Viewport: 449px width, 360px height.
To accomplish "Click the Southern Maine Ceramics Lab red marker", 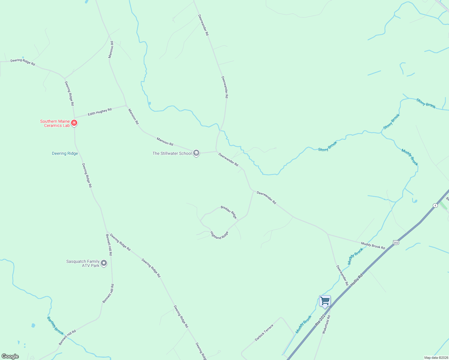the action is [74, 123].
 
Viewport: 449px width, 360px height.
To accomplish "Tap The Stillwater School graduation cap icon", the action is [196, 153].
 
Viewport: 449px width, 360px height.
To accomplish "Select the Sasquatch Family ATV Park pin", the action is [104, 263].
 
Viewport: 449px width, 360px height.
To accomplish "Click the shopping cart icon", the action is [325, 301].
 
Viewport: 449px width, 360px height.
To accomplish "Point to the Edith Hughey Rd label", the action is [100, 112].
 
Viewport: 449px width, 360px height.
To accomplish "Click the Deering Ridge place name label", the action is [65, 154].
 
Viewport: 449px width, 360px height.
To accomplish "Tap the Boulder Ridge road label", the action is [229, 212].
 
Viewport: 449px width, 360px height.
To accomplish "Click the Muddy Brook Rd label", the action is [373, 246].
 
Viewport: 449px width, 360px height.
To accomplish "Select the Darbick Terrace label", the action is [264, 332].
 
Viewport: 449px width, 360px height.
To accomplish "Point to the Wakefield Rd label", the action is [326, 324].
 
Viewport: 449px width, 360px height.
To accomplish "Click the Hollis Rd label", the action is [357, 279].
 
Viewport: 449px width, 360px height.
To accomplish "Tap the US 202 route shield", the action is [396, 242].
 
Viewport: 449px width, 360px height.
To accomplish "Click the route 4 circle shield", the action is [435, 205].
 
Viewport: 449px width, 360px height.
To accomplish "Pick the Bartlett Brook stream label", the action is [56, 326].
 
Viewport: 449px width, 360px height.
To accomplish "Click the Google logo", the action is [10, 356].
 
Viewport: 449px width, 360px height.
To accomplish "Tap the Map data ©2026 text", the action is [436, 358].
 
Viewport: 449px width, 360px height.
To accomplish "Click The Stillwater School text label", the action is [172, 154].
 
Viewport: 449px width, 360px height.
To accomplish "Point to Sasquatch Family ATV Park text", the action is [83, 263].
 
